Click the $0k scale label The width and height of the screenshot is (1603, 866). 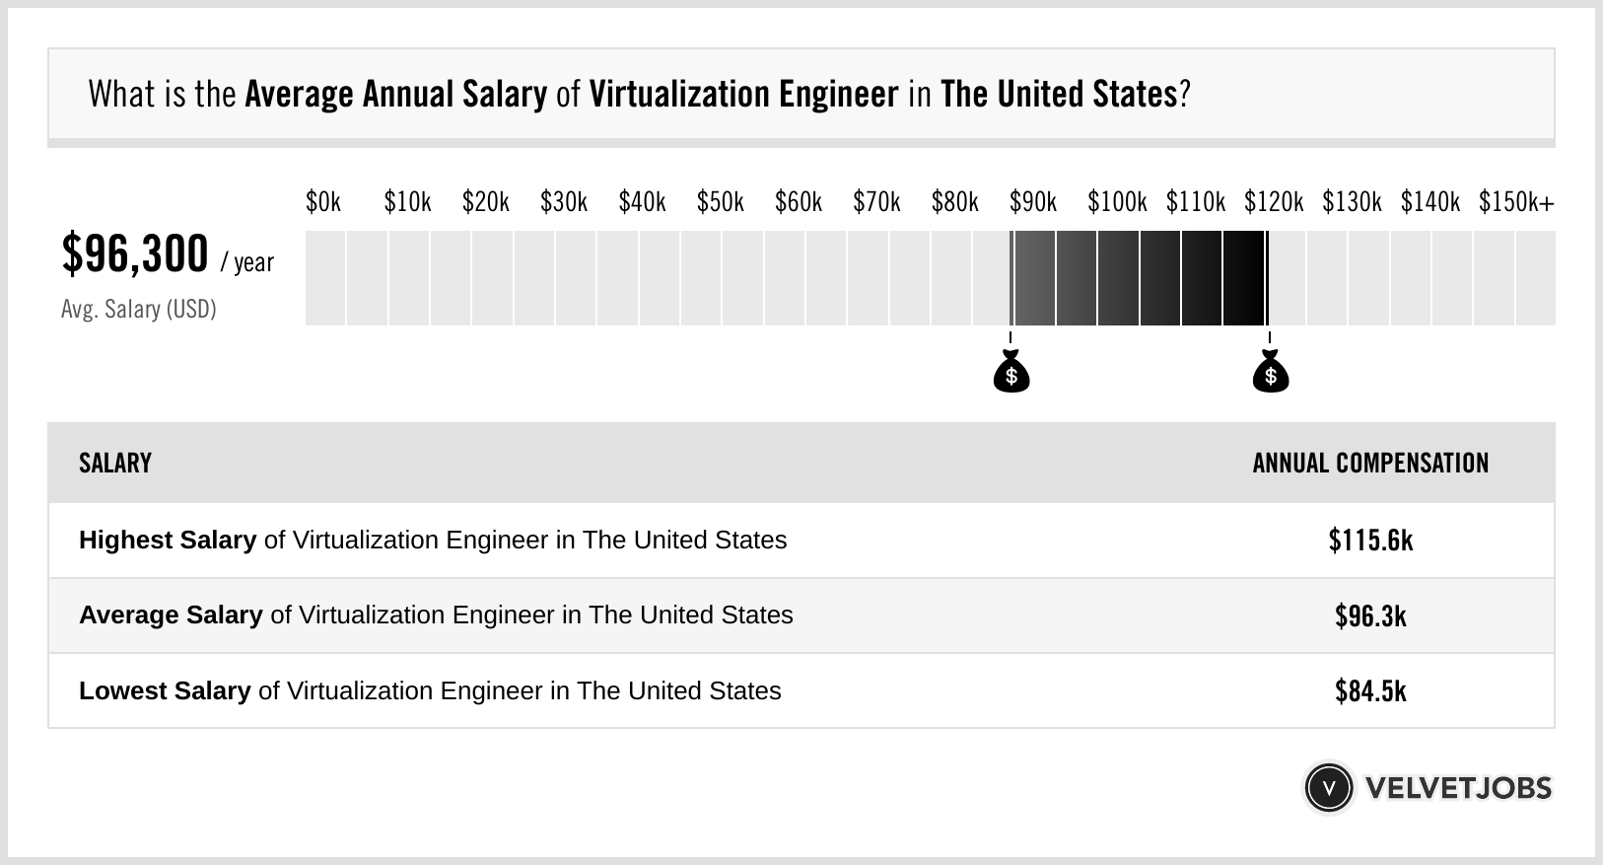point(323,202)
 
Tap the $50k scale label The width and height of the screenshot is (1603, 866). point(720,202)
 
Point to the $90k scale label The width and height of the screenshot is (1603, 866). point(1032,202)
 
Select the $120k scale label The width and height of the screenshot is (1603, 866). point(1273,202)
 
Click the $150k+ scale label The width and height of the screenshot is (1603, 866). point(1515,202)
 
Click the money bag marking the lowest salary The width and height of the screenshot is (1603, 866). point(1011,373)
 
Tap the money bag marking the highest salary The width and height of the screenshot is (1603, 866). point(1270,373)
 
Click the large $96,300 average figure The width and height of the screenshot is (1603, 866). point(135,254)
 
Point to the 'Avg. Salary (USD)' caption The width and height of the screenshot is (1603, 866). point(138,310)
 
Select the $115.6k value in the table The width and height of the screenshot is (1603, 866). point(1370,541)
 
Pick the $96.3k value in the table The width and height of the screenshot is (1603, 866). point(1370,615)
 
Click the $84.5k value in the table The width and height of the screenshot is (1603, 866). point(1370,690)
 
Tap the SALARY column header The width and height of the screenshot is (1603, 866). point(115,464)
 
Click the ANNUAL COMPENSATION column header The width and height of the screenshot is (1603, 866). point(1370,464)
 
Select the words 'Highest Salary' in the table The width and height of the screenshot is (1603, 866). point(168,541)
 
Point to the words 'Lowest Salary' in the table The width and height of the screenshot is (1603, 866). point(165,690)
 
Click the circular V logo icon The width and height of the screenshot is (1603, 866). point(1328,788)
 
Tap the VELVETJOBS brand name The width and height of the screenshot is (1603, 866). point(1458,788)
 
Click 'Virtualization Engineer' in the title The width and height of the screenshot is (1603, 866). point(743,95)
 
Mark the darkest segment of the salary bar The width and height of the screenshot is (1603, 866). point(1243,278)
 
